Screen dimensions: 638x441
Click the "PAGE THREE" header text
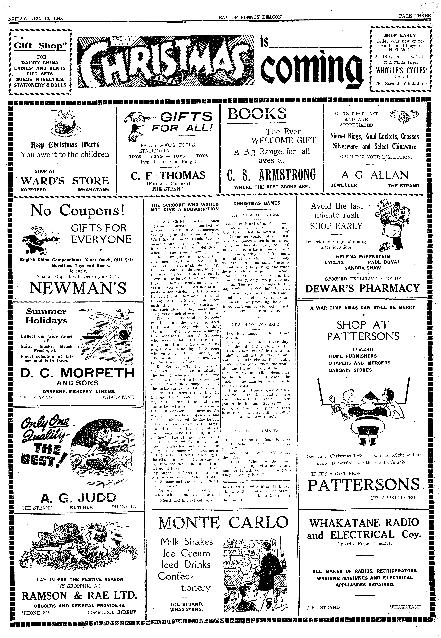click(414, 16)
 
